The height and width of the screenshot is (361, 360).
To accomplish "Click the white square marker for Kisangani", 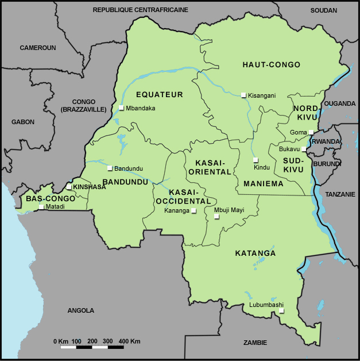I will [244, 95].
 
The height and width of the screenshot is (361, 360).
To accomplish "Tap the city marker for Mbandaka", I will [121, 107].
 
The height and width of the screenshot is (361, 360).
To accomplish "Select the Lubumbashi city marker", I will [281, 311].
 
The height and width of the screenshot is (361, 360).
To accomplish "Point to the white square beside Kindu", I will [256, 160].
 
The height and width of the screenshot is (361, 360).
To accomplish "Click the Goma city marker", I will [311, 132].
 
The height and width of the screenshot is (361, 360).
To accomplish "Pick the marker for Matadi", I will [41, 206].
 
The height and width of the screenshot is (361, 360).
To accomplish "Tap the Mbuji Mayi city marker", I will [216, 217].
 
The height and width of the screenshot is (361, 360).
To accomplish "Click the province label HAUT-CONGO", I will [271, 65].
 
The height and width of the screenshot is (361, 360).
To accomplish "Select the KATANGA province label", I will [256, 253].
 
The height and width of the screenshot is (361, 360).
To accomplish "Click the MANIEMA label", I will [264, 184].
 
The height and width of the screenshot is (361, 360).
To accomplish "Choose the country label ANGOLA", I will [80, 310].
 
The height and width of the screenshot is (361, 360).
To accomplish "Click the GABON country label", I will [23, 122].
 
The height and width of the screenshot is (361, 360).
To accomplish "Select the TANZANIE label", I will [340, 194].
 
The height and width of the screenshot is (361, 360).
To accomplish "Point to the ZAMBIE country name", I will [255, 343].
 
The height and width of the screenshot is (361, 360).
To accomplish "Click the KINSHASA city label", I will [89, 187].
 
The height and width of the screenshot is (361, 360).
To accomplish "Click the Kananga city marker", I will [193, 211].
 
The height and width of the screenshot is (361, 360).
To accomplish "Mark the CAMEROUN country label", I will [38, 48].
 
